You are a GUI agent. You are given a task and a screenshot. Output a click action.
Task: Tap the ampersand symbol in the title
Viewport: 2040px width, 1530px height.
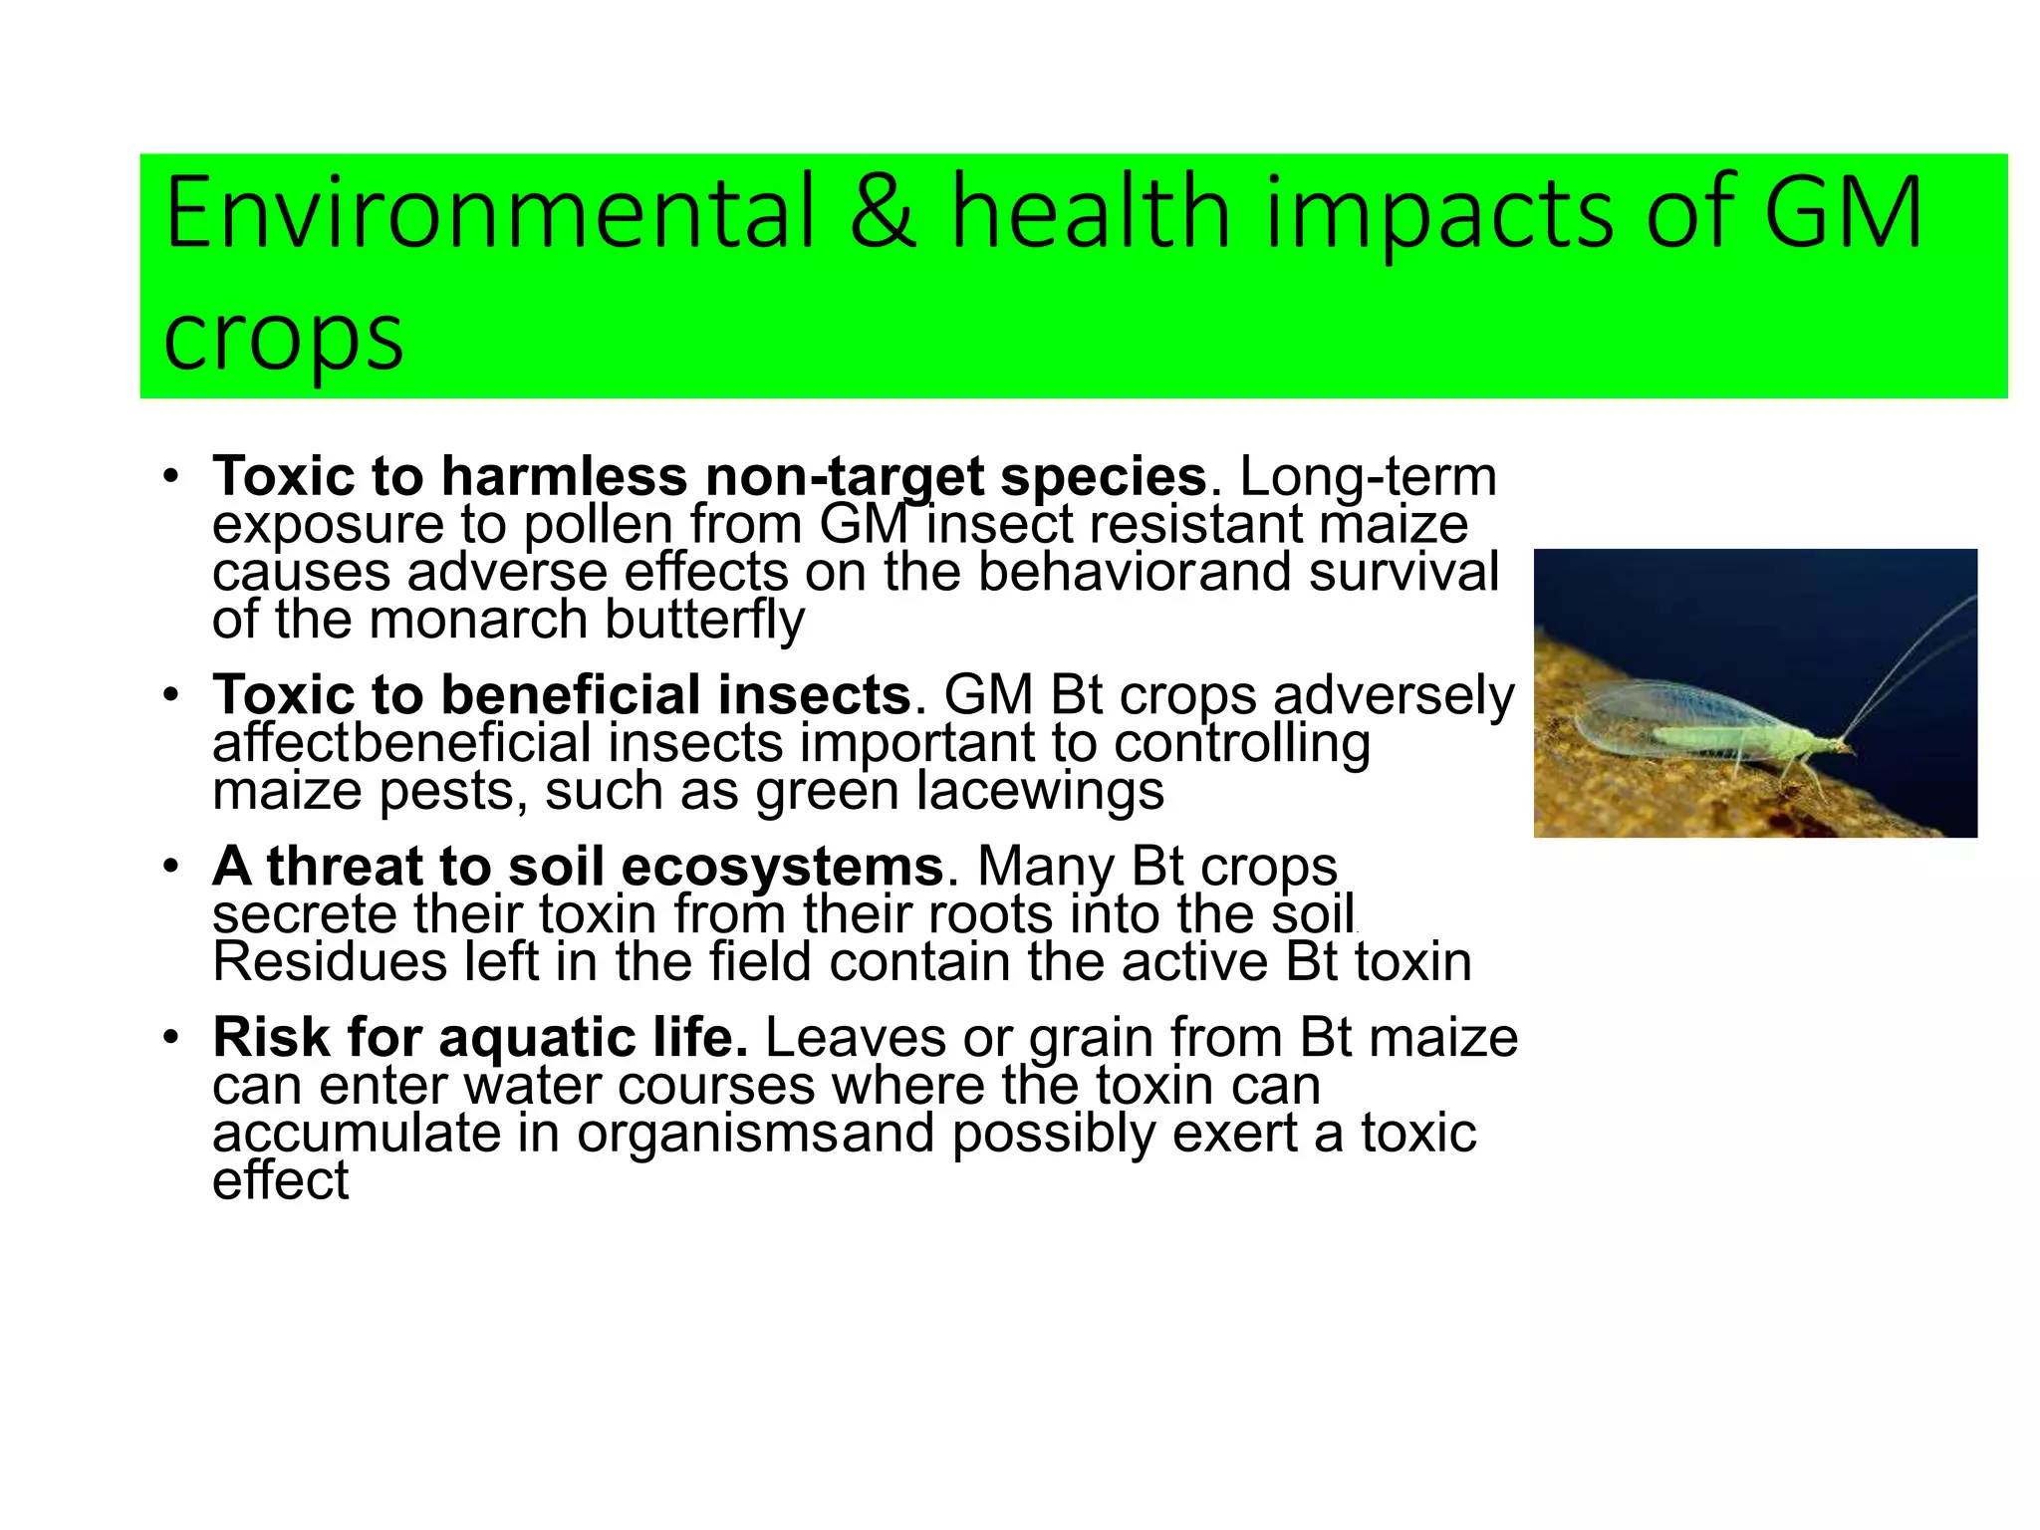[883, 213]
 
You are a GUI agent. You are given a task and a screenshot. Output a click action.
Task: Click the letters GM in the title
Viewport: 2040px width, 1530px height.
[1843, 213]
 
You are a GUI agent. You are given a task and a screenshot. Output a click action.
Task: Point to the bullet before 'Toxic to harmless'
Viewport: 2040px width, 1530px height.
[171, 477]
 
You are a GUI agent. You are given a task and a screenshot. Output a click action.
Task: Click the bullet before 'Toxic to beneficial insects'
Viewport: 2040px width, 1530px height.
[171, 695]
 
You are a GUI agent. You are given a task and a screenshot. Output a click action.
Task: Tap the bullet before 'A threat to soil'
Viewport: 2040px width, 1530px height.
[171, 867]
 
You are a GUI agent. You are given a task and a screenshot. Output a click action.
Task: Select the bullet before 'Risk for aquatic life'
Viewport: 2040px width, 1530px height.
[171, 1038]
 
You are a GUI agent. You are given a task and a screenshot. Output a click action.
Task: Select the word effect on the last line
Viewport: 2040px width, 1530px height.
[280, 1181]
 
